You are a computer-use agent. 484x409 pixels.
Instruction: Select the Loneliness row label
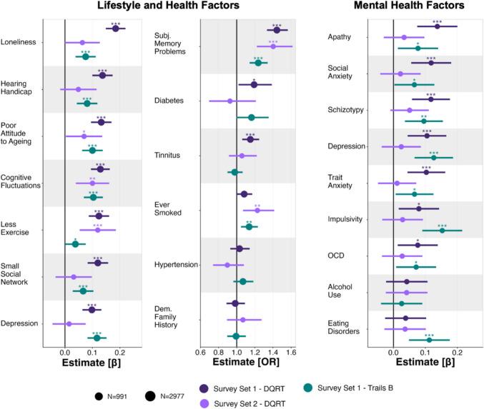pyautogui.click(x=20, y=42)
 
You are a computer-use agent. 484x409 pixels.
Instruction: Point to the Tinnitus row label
pyautogui.click(x=169, y=155)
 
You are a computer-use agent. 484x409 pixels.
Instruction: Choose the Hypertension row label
pyautogui.click(x=175, y=265)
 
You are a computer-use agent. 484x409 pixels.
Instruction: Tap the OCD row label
pyautogui.click(x=336, y=255)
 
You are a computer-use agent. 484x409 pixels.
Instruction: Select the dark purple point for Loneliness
pyautogui.click(x=116, y=29)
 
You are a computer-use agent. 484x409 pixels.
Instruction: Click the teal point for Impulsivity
pyautogui.click(x=442, y=230)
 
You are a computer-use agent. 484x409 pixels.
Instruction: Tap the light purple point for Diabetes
pyautogui.click(x=229, y=101)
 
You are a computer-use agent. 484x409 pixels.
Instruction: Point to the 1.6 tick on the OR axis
pyautogui.click(x=290, y=353)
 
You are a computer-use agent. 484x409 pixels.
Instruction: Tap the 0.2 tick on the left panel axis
pyautogui.click(x=119, y=353)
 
